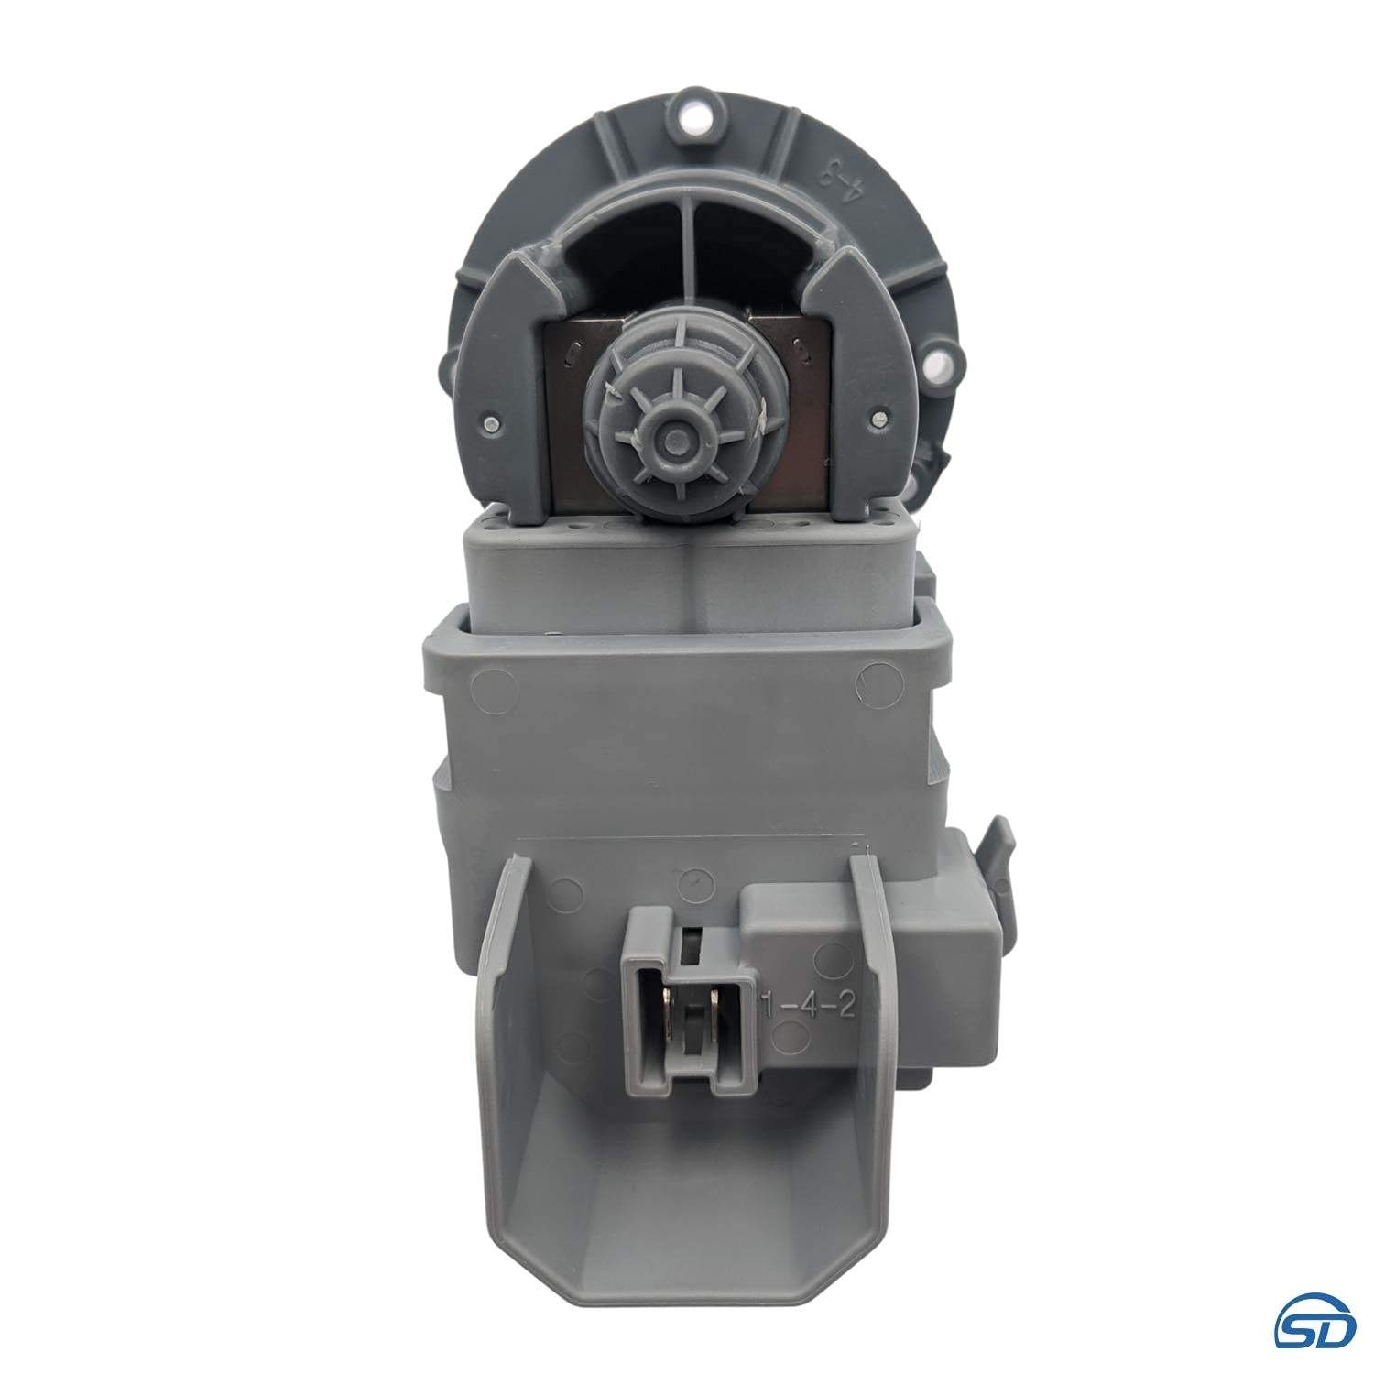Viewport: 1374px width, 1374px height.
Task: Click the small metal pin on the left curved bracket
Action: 493,422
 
